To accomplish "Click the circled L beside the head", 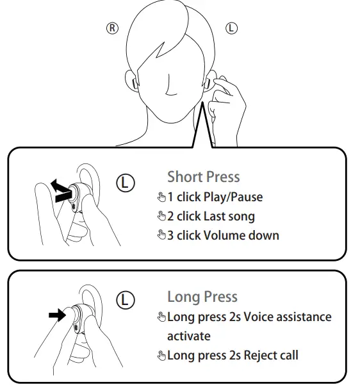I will tap(232, 28).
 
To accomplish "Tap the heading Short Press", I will tap(203, 177).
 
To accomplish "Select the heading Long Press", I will tap(202, 297).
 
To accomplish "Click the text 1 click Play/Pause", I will tap(215, 197).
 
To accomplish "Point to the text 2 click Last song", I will tap(211, 216).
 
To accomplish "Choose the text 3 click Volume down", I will tap(223, 235).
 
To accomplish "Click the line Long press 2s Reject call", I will tap(233, 355).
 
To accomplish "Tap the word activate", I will tap(188, 336).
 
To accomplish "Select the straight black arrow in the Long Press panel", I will tap(57, 315).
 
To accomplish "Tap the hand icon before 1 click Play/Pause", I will tap(161, 197).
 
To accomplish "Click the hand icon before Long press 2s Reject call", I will tap(161, 356).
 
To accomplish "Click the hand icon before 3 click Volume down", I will tap(161, 236).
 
